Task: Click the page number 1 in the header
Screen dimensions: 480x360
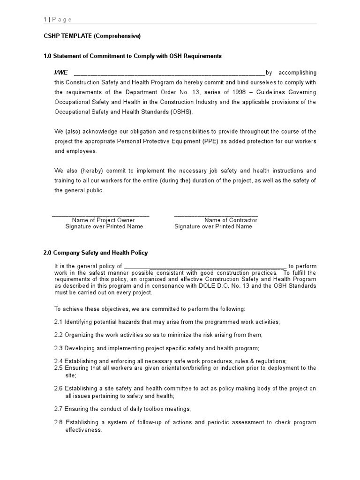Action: point(45,19)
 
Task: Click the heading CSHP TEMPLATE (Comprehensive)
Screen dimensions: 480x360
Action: point(92,36)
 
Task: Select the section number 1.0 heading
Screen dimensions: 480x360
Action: point(48,56)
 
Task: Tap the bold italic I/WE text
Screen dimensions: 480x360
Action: point(61,73)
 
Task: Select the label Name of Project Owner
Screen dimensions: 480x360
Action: point(104,220)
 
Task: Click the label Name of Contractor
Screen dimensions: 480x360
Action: point(231,220)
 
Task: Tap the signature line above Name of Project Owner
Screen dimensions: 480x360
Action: point(100,216)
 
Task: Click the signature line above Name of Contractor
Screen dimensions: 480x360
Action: point(216,216)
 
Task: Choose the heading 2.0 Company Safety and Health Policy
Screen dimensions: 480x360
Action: point(96,253)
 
